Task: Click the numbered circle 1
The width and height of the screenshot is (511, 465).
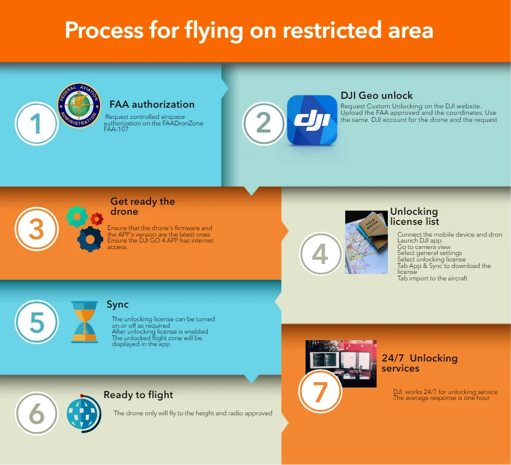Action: click(x=37, y=124)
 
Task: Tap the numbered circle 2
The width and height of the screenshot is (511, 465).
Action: click(x=263, y=122)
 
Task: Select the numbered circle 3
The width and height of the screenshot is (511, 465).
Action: click(x=37, y=229)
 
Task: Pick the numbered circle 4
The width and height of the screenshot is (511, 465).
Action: click(x=320, y=254)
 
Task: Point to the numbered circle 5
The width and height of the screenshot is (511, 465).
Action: click(x=37, y=322)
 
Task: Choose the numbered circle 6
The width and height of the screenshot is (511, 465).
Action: click(x=37, y=414)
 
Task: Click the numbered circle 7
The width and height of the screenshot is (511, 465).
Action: click(x=320, y=391)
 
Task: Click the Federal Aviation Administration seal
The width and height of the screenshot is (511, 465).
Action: click(x=79, y=106)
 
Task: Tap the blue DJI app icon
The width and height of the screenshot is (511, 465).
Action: click(x=312, y=120)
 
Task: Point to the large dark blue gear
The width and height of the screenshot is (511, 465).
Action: click(x=91, y=238)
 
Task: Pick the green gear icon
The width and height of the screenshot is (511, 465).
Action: click(x=77, y=217)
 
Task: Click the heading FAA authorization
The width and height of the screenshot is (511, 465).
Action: click(x=152, y=105)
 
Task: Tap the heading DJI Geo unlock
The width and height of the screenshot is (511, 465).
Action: click(x=377, y=95)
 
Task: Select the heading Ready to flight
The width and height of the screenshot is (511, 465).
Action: click(x=139, y=395)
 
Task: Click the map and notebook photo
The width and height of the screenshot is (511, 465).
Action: click(x=366, y=242)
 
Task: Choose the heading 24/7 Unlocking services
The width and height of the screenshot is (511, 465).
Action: click(x=419, y=363)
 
